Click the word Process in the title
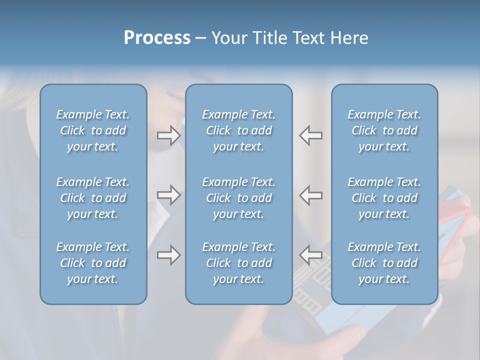pos(157,38)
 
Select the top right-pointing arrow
pos(168,135)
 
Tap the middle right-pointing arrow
pos(168,195)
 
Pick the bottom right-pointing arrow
pos(168,255)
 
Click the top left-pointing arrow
pos(311,135)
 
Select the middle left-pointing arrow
pos(311,195)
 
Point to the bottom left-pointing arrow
pos(311,255)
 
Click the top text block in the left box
pos(93,130)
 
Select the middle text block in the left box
pos(93,198)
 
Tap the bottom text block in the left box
pos(93,263)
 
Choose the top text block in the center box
pos(238,130)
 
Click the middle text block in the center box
pos(238,198)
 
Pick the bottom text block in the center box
pos(238,263)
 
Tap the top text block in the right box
pos(384,130)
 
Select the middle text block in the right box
pos(384,198)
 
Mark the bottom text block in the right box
pos(384,263)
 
